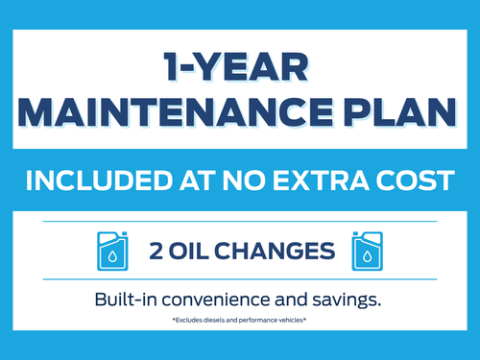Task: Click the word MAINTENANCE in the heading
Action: pos(176,112)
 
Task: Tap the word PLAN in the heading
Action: pos(400,112)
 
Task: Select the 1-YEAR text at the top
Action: pos(236,67)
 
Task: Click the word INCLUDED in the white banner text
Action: pos(99,180)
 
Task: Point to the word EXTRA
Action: pos(321,180)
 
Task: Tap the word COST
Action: pos(416,180)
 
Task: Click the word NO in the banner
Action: pos(244,180)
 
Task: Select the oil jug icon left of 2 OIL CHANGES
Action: pos(112,251)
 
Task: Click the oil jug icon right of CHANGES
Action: pos(368,251)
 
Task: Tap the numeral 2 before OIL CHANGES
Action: pos(156,251)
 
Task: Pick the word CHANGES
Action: pos(275,251)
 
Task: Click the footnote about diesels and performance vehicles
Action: pos(239,320)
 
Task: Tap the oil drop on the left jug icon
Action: pos(112,256)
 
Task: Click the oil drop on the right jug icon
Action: pos(368,256)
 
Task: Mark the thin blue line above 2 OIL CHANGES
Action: pos(240,221)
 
